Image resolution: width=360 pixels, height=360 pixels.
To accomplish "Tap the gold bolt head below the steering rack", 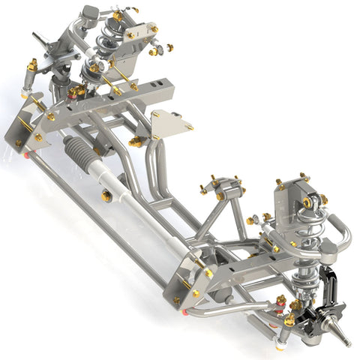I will pyautogui.click(x=107, y=196).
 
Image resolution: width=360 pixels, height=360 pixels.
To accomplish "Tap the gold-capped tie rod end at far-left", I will pyautogui.click(x=32, y=66).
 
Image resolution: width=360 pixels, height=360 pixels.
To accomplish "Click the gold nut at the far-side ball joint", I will pyautogui.click(x=76, y=91).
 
